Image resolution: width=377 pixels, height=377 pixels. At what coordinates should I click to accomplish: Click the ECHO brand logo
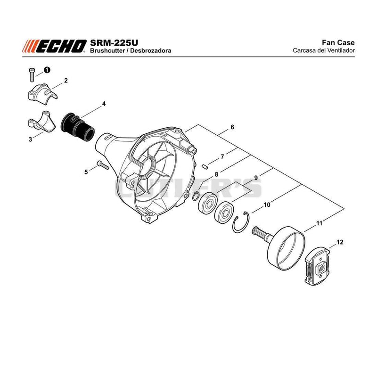click(x=55, y=46)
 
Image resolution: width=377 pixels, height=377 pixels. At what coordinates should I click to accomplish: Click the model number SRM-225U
click(x=114, y=43)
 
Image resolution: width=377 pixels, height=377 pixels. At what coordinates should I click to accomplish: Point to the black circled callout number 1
click(x=47, y=70)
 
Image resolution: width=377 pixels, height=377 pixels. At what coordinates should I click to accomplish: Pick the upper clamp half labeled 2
click(x=42, y=94)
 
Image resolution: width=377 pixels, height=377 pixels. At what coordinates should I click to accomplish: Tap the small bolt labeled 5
click(x=103, y=165)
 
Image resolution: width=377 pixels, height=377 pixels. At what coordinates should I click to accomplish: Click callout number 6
click(x=232, y=127)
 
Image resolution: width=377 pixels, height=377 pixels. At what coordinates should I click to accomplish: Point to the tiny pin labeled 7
click(x=205, y=166)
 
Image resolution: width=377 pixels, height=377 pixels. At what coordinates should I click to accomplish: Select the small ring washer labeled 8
click(x=196, y=196)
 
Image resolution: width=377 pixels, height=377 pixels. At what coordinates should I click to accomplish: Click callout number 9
click(x=256, y=178)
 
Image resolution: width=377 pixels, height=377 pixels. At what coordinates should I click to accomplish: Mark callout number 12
click(x=340, y=242)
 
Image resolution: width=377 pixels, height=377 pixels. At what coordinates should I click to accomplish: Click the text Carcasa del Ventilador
click(x=324, y=50)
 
